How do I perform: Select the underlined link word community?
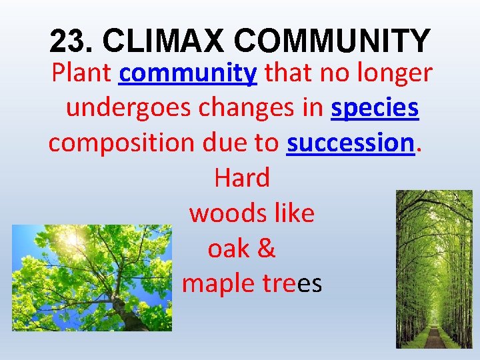[188, 73]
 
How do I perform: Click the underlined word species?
[375, 108]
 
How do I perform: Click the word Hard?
[241, 178]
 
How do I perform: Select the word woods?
[227, 213]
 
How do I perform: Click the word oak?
[228, 249]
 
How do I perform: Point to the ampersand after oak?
[265, 249]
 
